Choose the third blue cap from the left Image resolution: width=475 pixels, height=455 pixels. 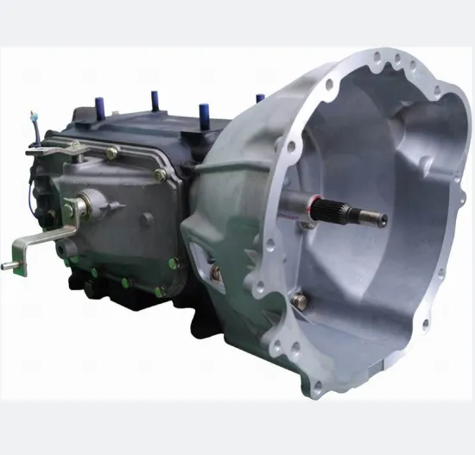[x=204, y=112]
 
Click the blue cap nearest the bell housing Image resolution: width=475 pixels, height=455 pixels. [x=260, y=98]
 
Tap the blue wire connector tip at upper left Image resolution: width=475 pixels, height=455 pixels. [x=32, y=113]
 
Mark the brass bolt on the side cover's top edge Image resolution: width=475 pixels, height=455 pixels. [x=112, y=153]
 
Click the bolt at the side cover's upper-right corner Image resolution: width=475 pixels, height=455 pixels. [x=160, y=175]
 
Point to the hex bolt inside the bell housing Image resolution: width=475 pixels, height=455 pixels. [x=298, y=300]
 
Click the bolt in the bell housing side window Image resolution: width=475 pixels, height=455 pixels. [x=216, y=273]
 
